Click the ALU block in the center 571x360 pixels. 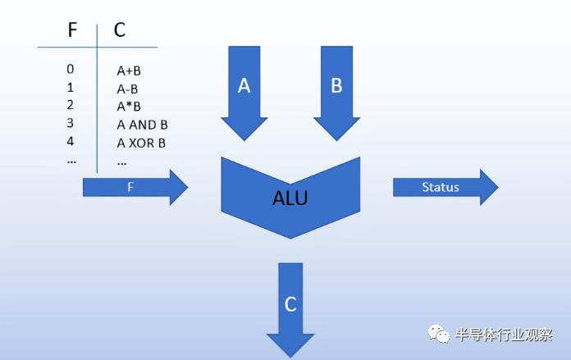(290, 198)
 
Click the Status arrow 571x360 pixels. (444, 187)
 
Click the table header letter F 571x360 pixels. (73, 30)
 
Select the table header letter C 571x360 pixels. (120, 30)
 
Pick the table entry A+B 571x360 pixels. (129, 71)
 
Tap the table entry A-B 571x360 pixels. (128, 89)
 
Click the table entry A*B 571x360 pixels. (129, 107)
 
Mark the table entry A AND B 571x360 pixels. (142, 125)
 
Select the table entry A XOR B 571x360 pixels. (141, 143)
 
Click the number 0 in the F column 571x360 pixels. (71, 69)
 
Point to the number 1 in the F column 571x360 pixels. (71, 87)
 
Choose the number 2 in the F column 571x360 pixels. (71, 105)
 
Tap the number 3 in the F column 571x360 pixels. (71, 123)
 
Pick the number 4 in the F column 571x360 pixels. (71, 141)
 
